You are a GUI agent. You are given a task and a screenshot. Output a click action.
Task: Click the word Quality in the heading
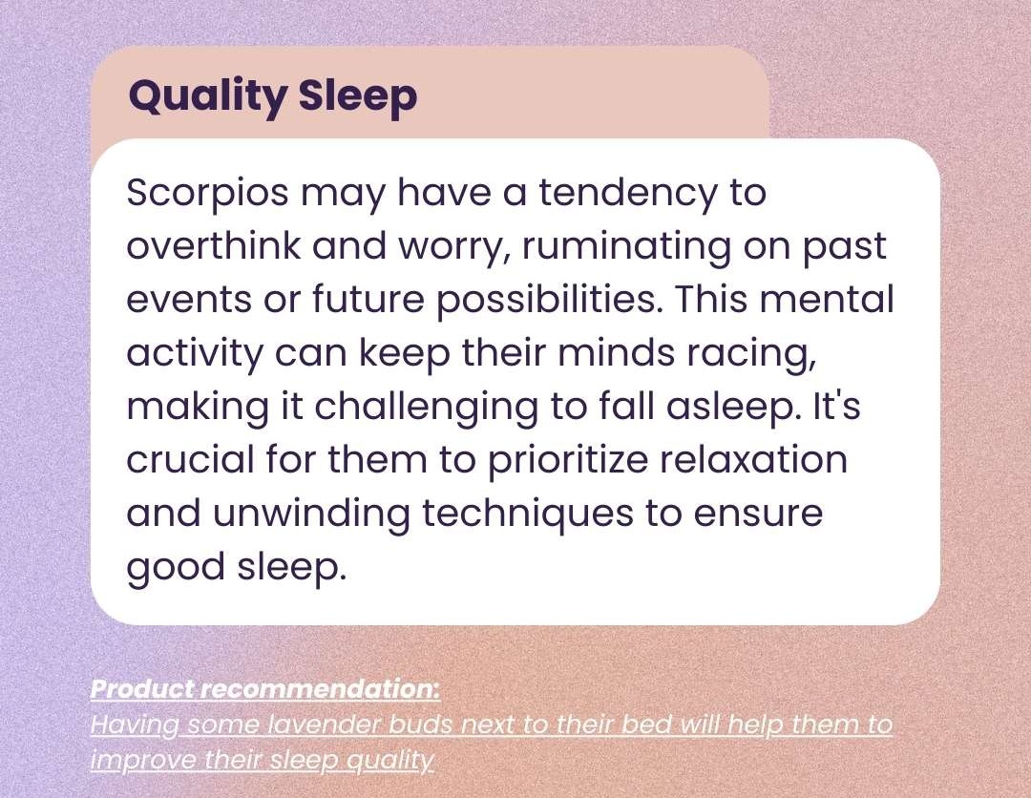click(207, 96)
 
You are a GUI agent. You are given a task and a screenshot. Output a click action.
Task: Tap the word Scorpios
click(207, 194)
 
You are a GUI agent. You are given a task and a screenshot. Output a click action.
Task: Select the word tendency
click(628, 193)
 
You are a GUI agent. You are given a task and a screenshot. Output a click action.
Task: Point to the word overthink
click(213, 246)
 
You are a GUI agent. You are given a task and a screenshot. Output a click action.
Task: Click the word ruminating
click(625, 247)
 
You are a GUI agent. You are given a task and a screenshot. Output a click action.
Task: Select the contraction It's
click(837, 406)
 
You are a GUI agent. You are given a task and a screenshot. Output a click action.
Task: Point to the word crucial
click(190, 459)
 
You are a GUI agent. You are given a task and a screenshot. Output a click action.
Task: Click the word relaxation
click(753, 459)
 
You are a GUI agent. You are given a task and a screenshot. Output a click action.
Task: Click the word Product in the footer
click(142, 689)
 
